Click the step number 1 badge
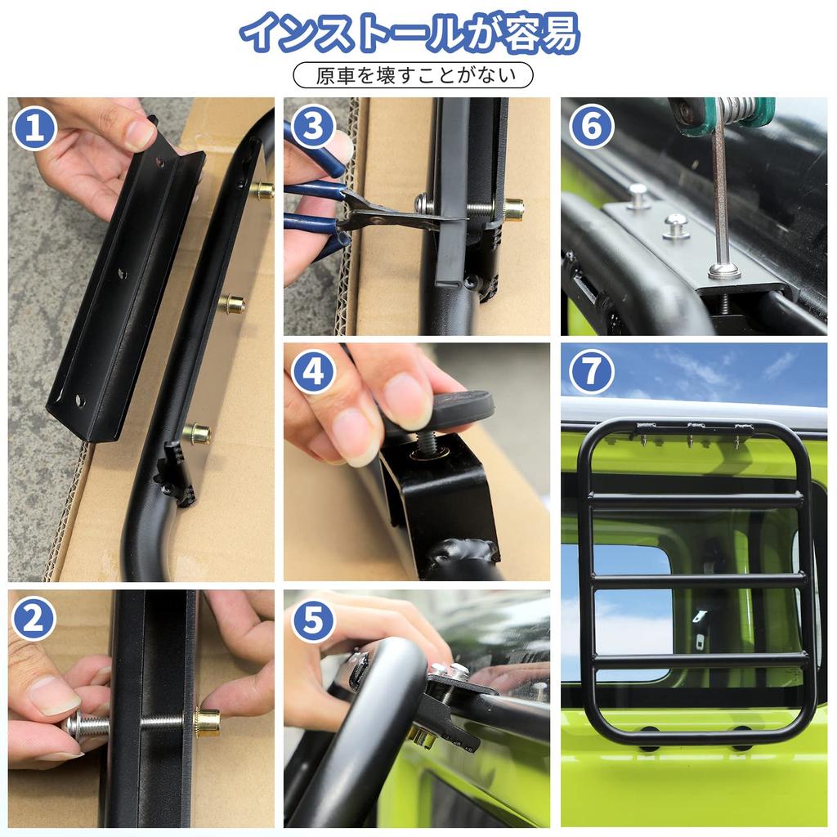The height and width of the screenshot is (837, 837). [34, 128]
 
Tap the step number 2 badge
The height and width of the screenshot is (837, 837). [34, 620]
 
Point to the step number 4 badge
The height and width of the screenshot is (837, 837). [314, 372]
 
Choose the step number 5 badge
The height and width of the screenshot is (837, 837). [313, 620]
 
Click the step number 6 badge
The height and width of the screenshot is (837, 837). [591, 127]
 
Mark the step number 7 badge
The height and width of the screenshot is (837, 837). [591, 372]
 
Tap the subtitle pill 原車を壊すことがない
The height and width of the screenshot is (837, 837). [413, 75]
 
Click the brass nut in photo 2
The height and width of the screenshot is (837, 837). [207, 723]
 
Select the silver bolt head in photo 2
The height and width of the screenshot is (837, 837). [78, 724]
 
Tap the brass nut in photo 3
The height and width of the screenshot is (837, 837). [513, 209]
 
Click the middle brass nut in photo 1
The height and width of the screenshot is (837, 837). [232, 305]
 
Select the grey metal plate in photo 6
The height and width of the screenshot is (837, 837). [695, 245]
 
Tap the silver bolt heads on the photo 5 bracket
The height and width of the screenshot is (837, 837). [450, 671]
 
